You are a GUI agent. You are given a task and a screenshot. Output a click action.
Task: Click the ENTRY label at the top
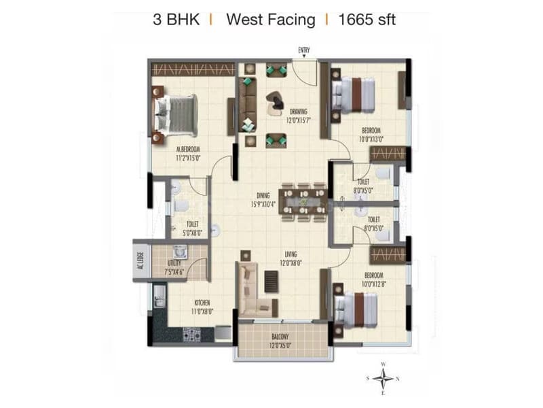click(x=304, y=50)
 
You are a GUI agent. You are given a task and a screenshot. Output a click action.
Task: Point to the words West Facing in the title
click(x=270, y=19)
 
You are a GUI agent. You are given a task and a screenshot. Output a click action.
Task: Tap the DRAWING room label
click(x=299, y=112)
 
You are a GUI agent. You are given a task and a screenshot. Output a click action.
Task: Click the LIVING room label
click(x=293, y=254)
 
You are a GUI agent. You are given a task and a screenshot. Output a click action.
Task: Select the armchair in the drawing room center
click(x=277, y=100)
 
